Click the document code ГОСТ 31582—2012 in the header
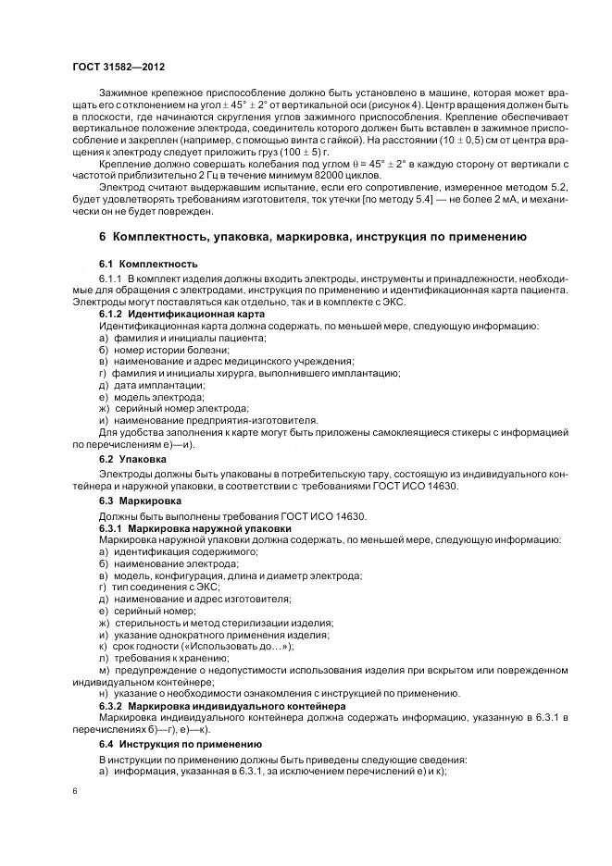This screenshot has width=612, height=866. pos(119,68)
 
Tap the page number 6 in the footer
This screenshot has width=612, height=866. pos(75,792)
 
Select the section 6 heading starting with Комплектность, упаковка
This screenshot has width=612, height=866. pos(313,237)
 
